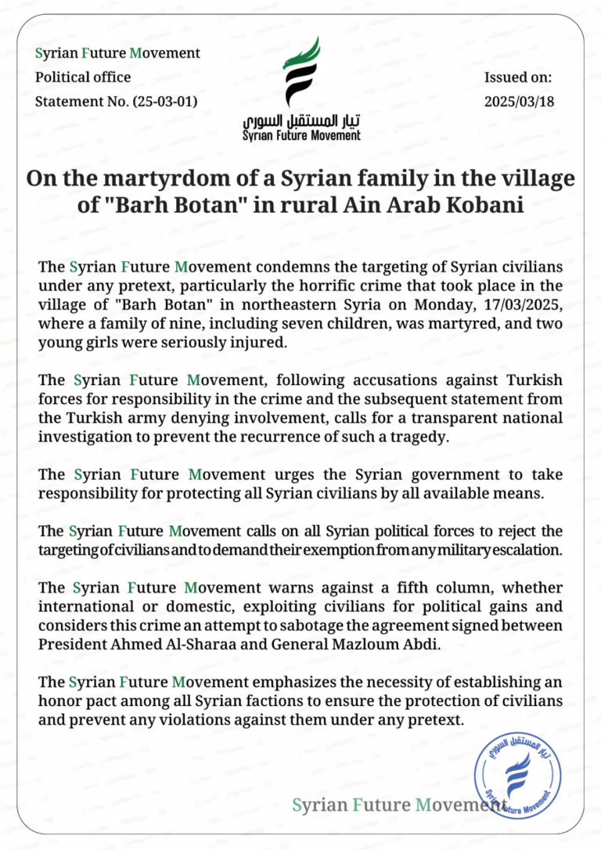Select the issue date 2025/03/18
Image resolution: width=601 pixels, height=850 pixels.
[x=520, y=102]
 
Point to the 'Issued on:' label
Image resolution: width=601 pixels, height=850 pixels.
[x=519, y=77]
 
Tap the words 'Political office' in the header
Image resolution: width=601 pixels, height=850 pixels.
[x=83, y=77]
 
